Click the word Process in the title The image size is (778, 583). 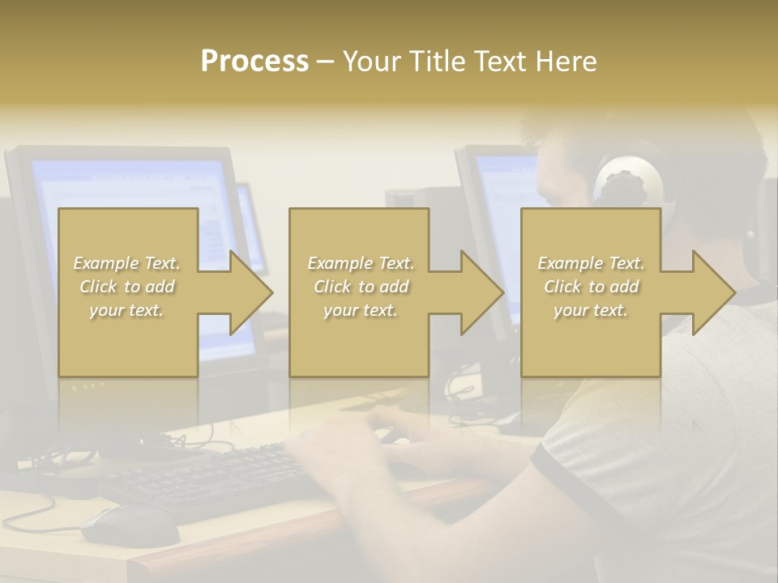tap(254, 62)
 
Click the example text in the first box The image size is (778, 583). tap(127, 287)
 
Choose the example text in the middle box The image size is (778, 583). tap(360, 287)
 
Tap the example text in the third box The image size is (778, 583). tap(591, 287)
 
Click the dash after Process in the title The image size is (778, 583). tap(325, 62)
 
